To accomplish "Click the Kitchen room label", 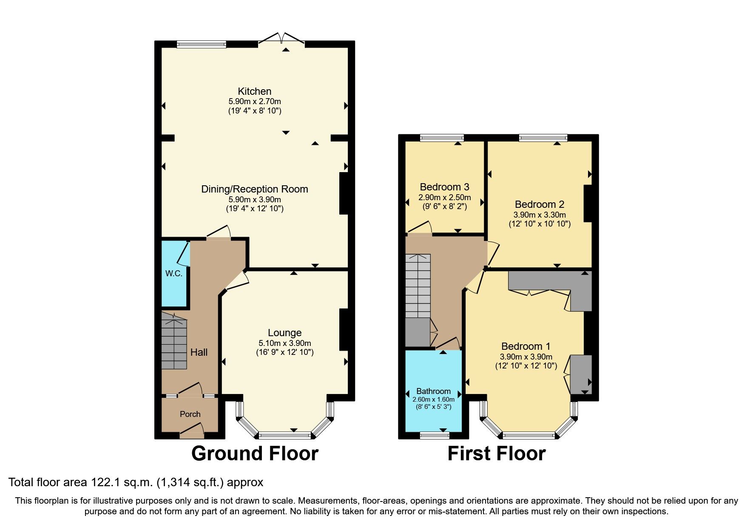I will coord(254,91).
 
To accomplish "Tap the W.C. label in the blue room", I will coord(173,274).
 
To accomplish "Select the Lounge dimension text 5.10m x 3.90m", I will coord(284,343).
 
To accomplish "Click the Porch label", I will coord(190,414).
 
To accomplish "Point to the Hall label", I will coord(199,352).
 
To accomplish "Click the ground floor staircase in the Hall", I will coord(174,342).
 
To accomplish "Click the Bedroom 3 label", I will coord(444,187).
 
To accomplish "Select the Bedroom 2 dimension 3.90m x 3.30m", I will coord(540,215).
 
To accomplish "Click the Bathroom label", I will coord(433,391).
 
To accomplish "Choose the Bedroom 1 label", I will coord(526,346).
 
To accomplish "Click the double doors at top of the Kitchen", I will coord(281,39).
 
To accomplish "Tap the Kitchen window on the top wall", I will coord(202,43).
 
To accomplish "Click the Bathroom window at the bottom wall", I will coord(435,435).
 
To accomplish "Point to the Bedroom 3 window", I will coord(442,137).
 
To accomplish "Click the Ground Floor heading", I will coord(255,453).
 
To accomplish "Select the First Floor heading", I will coord(496,453).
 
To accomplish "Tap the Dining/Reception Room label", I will coord(254,189).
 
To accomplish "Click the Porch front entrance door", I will coord(191,433).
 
